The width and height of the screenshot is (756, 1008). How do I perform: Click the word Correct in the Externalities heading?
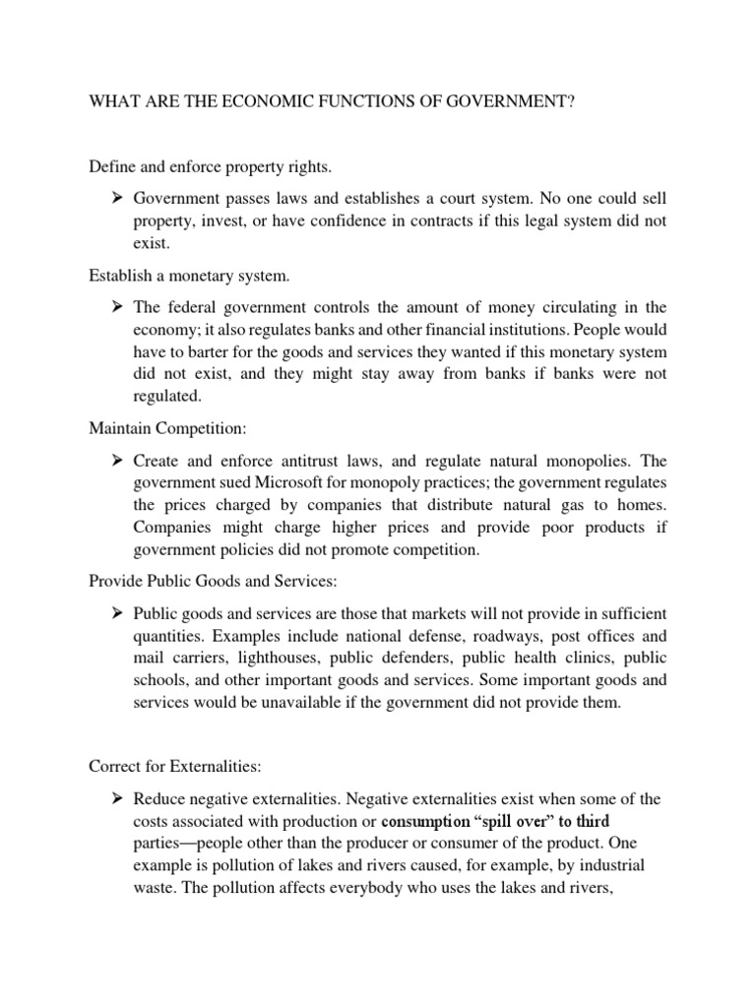pyautogui.click(x=117, y=765)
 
